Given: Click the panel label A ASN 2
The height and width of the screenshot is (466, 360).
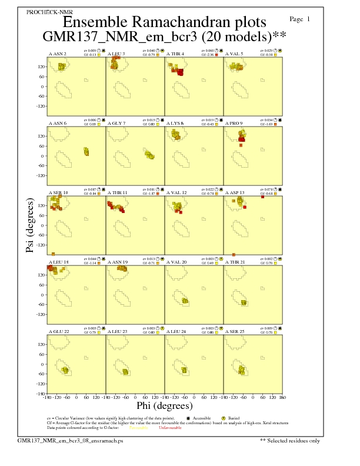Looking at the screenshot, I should [x=57, y=54].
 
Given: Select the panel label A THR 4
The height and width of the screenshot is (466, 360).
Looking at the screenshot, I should [x=175, y=54].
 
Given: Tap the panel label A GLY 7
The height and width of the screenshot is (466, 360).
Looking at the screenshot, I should [x=116, y=124].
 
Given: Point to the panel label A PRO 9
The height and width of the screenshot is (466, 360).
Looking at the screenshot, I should [x=234, y=124].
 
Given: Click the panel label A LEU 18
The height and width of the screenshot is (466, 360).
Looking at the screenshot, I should [x=58, y=262].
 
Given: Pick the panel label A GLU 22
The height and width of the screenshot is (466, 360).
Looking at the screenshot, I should [x=58, y=331].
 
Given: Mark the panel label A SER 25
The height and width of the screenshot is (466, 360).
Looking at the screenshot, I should [x=234, y=331].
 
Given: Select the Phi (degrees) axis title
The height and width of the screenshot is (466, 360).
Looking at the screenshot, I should [x=164, y=405].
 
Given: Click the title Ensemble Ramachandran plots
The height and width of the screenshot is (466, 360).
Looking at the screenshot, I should [x=164, y=22].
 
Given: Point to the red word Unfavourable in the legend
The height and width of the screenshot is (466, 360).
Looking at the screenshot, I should [x=171, y=427].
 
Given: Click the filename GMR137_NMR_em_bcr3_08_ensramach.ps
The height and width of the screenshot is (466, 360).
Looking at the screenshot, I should [x=71, y=440].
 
